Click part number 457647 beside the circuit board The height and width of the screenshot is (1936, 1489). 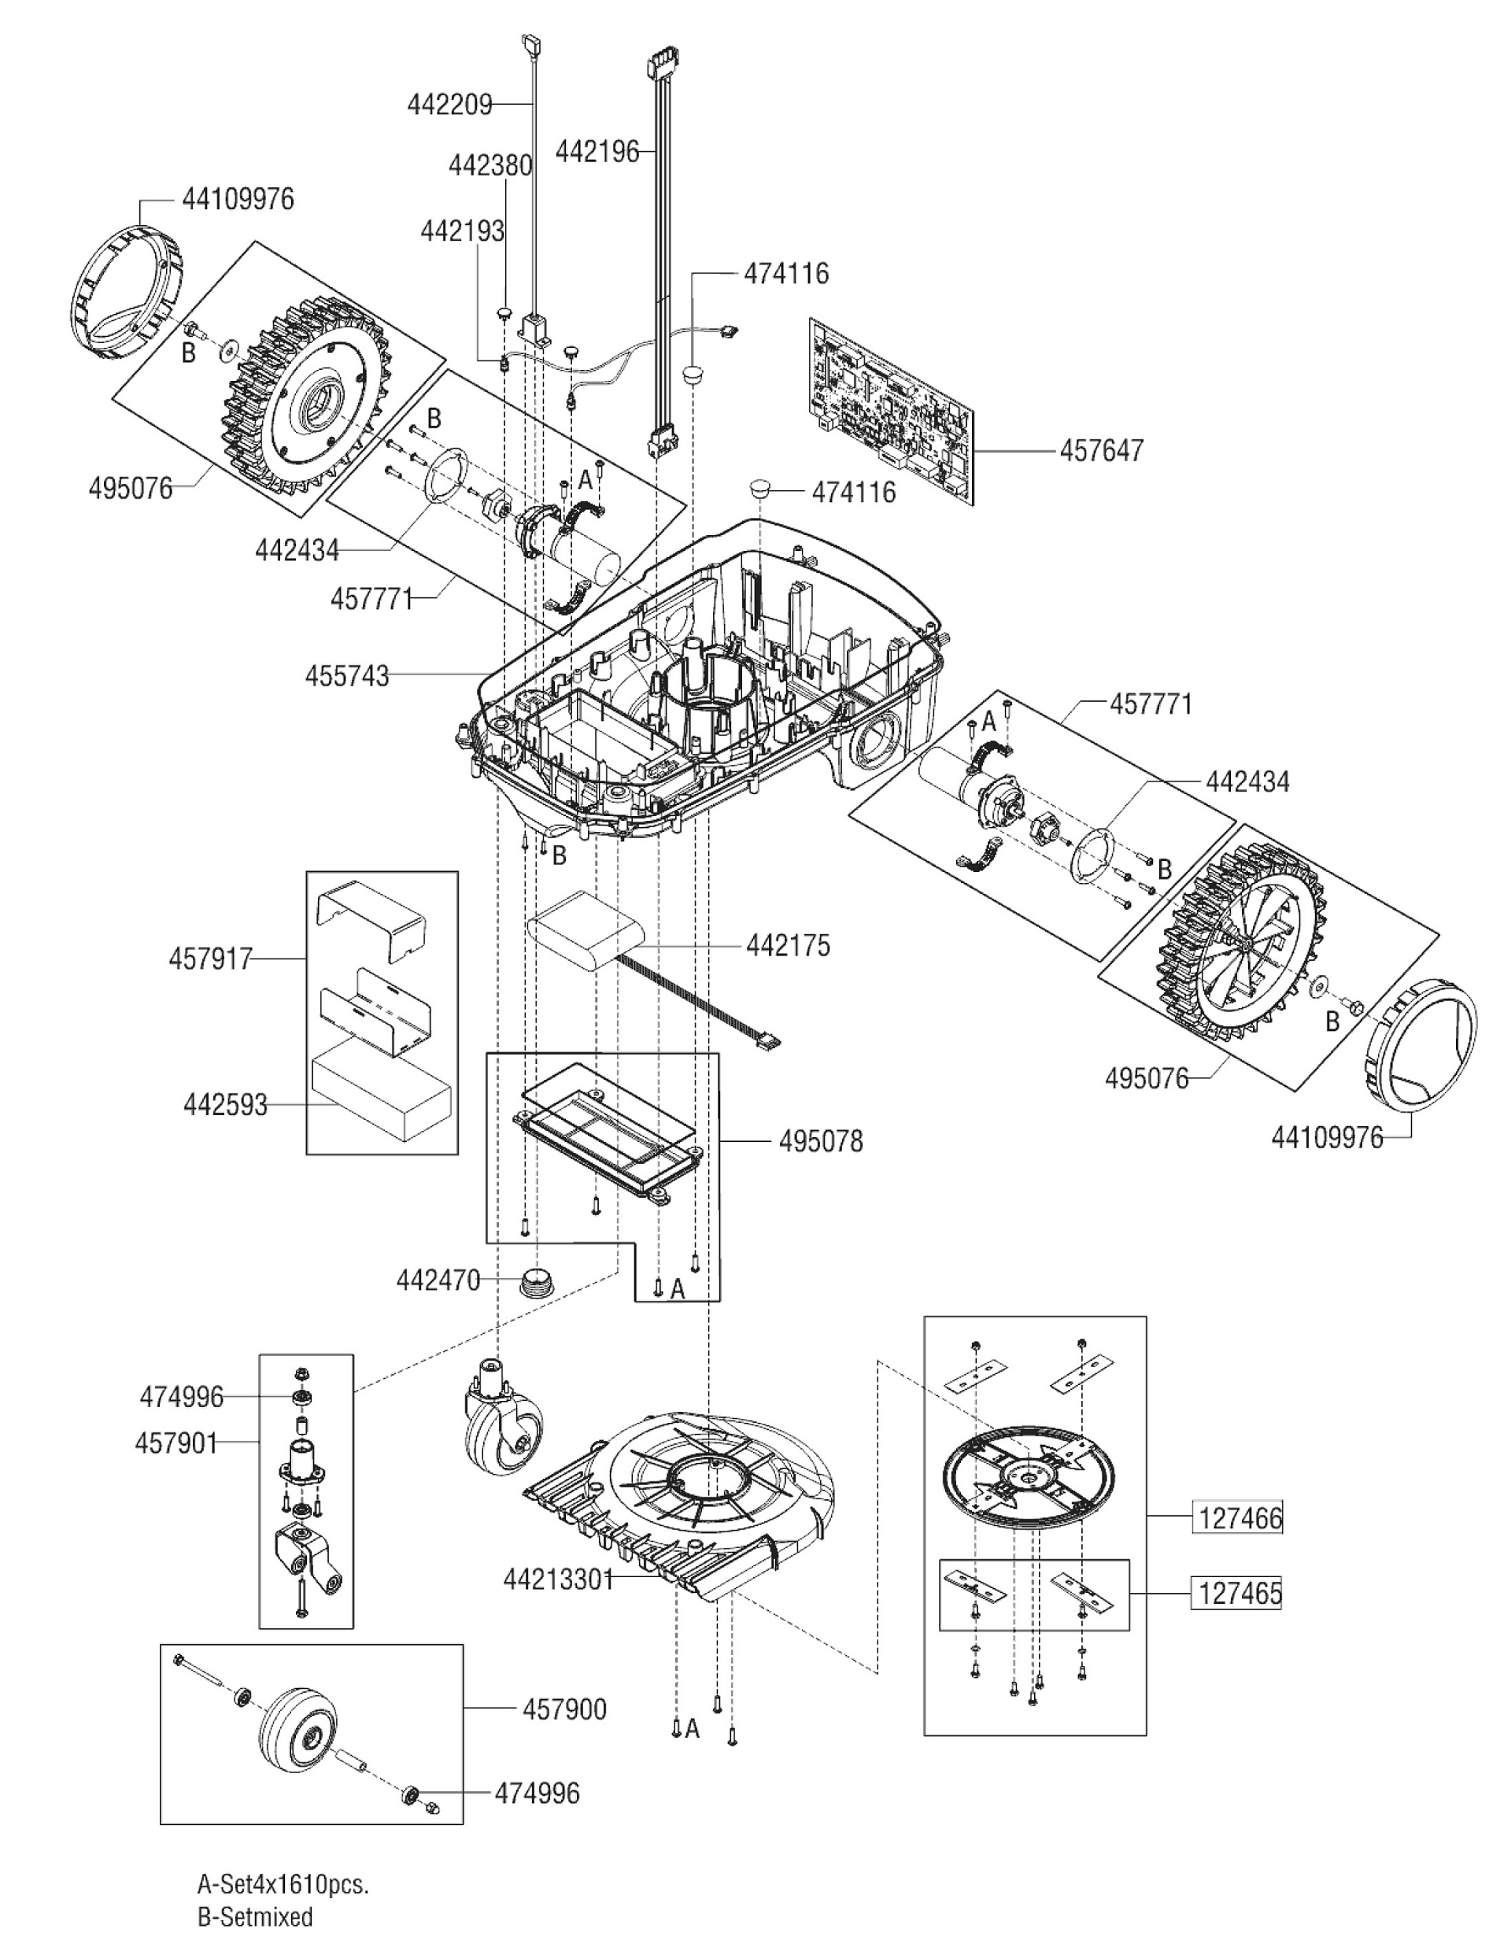click(x=1101, y=450)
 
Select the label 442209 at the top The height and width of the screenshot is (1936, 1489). click(x=449, y=105)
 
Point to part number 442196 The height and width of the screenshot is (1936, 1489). click(x=597, y=152)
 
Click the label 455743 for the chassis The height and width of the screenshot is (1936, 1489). click(x=346, y=676)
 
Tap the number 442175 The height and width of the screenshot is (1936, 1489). click(x=788, y=945)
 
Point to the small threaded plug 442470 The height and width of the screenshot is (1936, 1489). click(x=535, y=1281)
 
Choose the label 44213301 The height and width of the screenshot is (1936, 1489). click(x=559, y=1579)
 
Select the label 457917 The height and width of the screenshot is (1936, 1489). click(x=210, y=959)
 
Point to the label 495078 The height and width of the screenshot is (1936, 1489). click(x=820, y=1141)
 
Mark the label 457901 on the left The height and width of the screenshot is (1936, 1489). click(x=176, y=1443)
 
